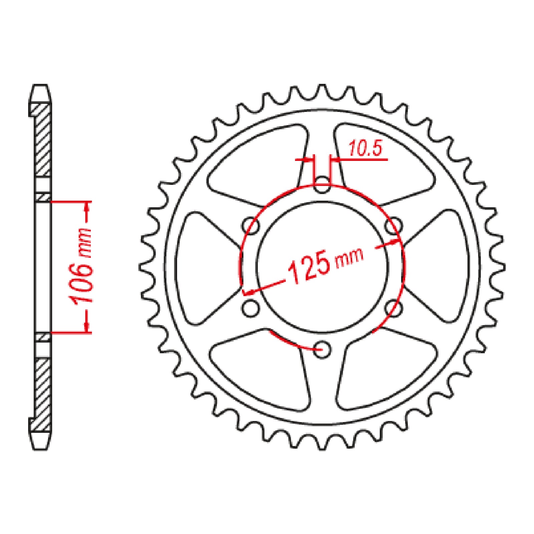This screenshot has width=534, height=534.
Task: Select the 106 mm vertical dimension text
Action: coord(80,266)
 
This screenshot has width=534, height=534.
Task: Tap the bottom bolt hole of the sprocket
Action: coord(322,349)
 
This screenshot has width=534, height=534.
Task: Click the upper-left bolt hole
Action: coord(251,226)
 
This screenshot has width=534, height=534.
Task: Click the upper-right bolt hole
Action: coord(393,226)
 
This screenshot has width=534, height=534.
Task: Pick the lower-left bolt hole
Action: coord(250,308)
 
